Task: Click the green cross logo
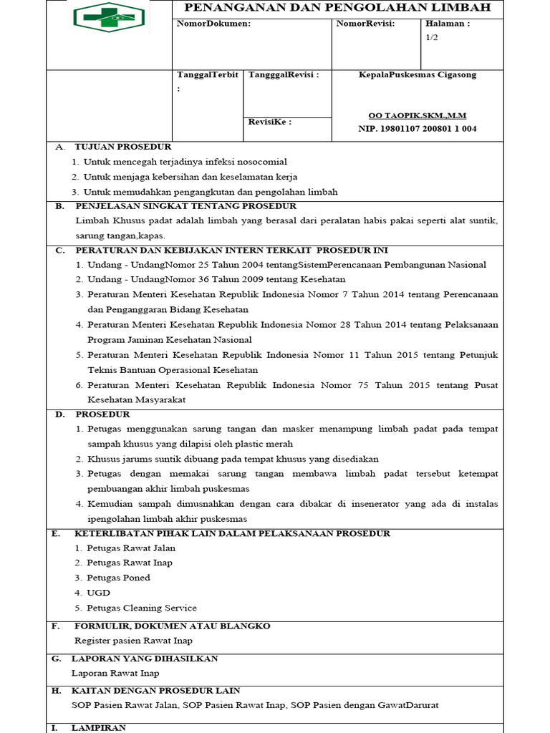click(x=109, y=17)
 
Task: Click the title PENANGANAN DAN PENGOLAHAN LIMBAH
click(x=338, y=8)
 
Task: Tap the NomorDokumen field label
click(x=213, y=24)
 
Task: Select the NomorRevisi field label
click(x=365, y=24)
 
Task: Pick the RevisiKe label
click(x=269, y=122)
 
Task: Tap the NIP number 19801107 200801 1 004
click(x=417, y=129)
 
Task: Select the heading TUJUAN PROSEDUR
click(x=122, y=147)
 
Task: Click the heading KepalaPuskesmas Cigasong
click(x=417, y=74)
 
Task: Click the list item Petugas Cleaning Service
click(x=142, y=608)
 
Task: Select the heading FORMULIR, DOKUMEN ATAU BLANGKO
click(x=173, y=626)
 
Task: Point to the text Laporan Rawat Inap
click(x=115, y=673)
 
